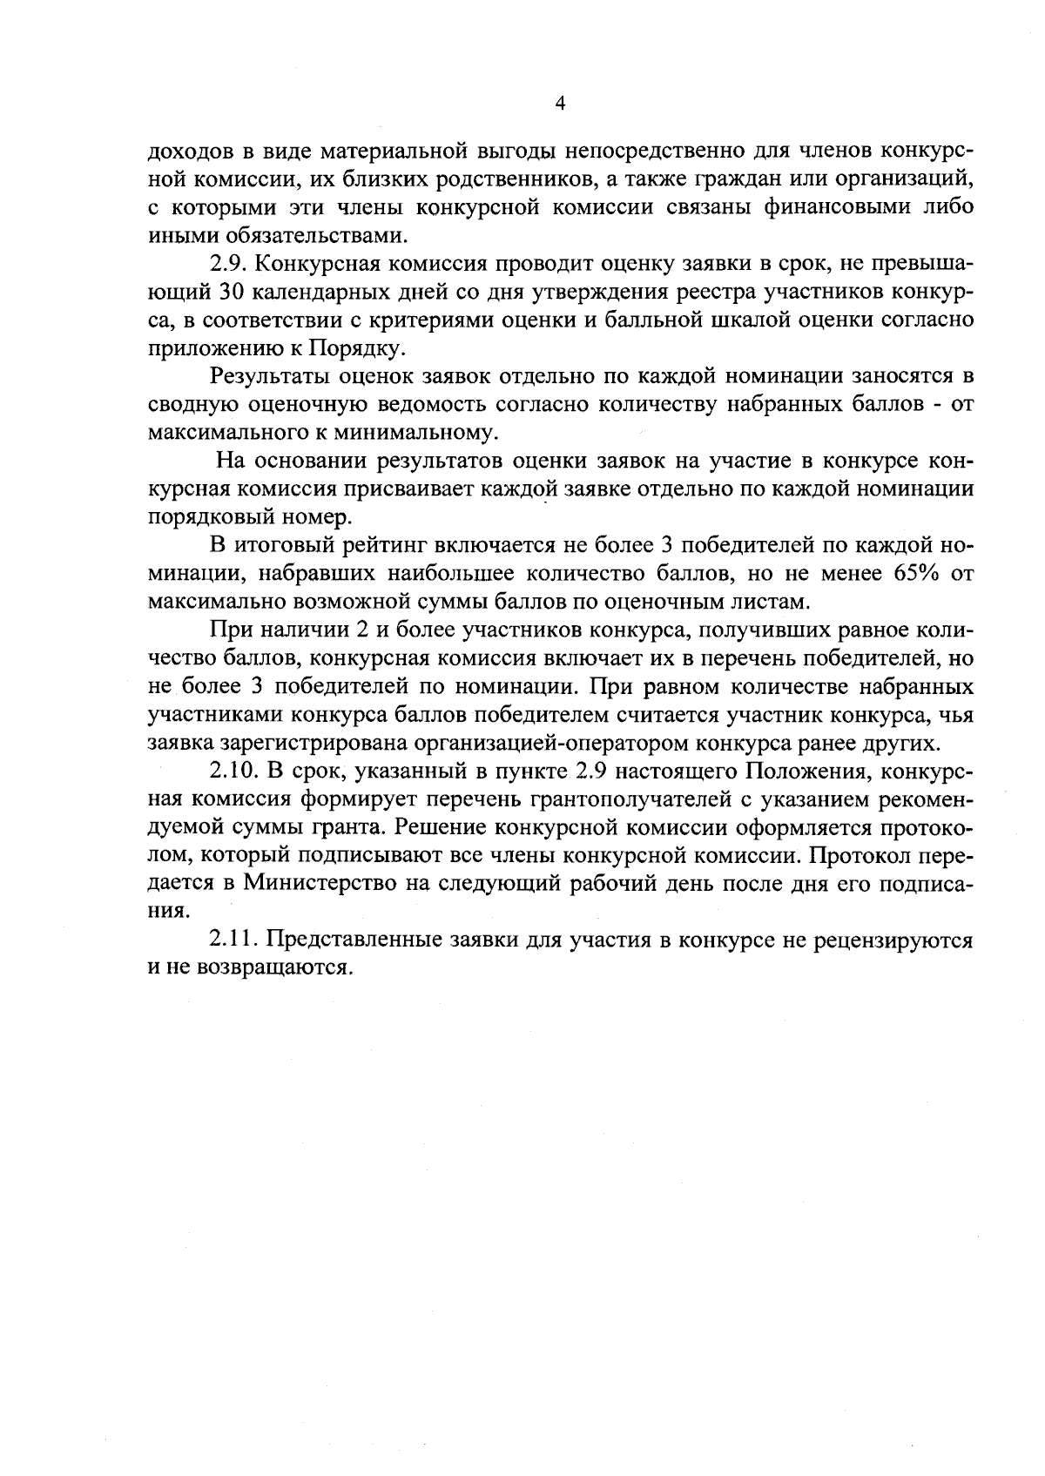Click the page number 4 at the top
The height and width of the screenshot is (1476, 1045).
click(x=560, y=104)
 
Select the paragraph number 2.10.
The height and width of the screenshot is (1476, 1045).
click(x=234, y=772)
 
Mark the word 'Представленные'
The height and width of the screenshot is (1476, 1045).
click(x=354, y=940)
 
